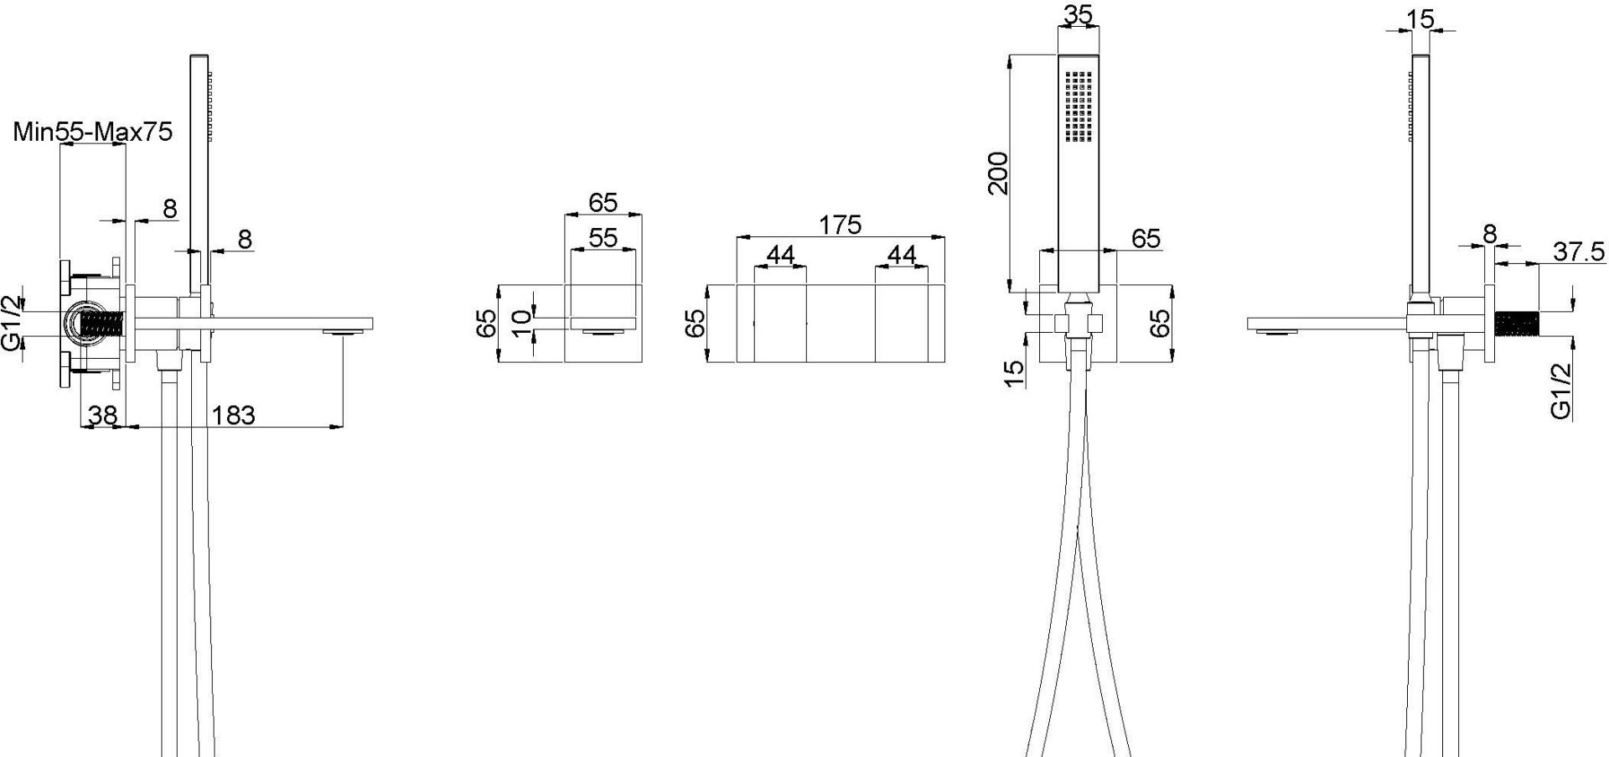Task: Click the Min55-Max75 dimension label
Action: [94, 132]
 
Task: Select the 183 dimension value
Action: [232, 414]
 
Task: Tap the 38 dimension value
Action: [101, 414]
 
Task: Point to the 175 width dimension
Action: [840, 225]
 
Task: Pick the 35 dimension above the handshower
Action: [1079, 15]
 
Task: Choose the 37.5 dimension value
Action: [1579, 251]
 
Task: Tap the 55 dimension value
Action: [603, 238]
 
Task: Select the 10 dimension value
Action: [521, 324]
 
